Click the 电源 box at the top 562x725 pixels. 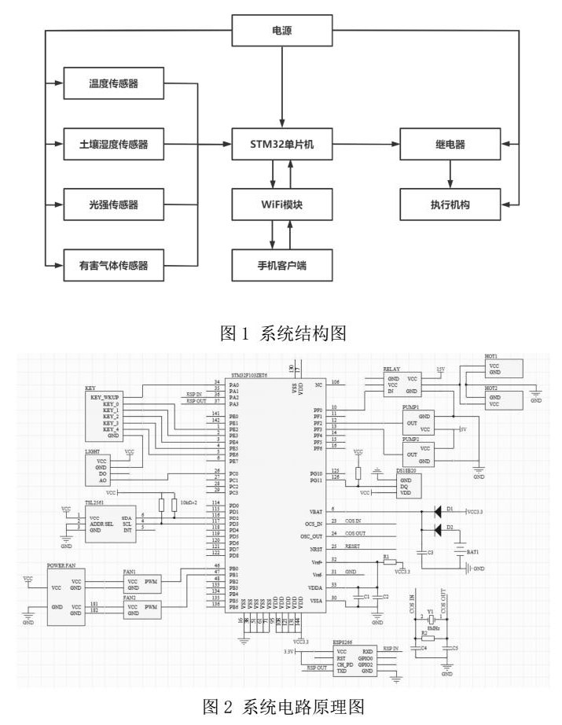pos(281,31)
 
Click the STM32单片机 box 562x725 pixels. pos(281,145)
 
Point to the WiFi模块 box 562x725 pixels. pos(281,204)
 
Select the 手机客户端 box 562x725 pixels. pos(281,265)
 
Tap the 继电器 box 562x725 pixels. pos(450,145)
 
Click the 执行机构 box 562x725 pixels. pos(450,204)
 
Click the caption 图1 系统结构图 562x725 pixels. pos(281,333)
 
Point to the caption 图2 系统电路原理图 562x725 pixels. pos(281,708)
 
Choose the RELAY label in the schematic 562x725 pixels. pos(391,368)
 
